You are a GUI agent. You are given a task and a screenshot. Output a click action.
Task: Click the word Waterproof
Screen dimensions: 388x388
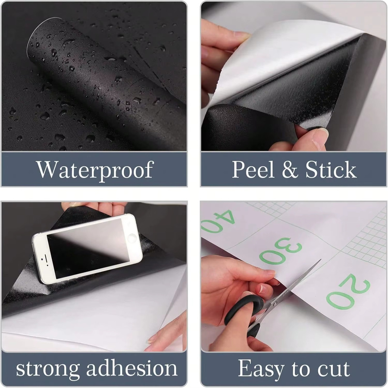[x=95, y=170]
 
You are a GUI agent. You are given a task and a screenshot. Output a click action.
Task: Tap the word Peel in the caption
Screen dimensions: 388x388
[x=253, y=169]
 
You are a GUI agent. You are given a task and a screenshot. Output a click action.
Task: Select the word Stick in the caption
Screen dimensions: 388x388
[x=331, y=169]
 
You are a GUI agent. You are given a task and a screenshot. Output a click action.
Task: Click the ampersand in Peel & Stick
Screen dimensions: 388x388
[x=290, y=169]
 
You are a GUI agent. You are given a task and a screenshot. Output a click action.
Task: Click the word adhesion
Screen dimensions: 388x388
[x=131, y=368]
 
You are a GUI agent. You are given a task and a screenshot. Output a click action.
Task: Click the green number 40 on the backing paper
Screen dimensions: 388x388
[x=218, y=222]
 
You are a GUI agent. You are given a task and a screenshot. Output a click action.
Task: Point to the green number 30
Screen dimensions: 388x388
[x=281, y=250]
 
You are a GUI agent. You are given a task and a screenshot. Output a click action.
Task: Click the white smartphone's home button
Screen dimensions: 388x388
[x=132, y=238]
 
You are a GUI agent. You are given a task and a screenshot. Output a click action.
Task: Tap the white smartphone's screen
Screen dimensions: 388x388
[x=88, y=248]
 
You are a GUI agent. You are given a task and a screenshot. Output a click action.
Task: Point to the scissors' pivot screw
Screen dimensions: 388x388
[x=275, y=304]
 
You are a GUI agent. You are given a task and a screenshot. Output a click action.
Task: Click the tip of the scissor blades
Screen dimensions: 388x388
[x=321, y=260]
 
